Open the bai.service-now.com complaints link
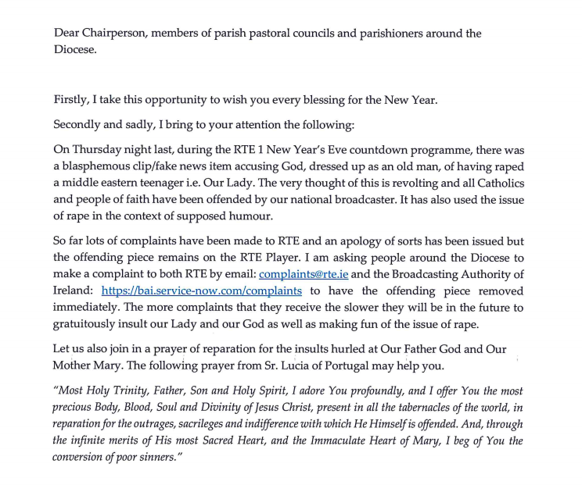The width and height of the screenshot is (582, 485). pos(201,292)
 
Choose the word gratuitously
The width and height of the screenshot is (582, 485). pos(92,326)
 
